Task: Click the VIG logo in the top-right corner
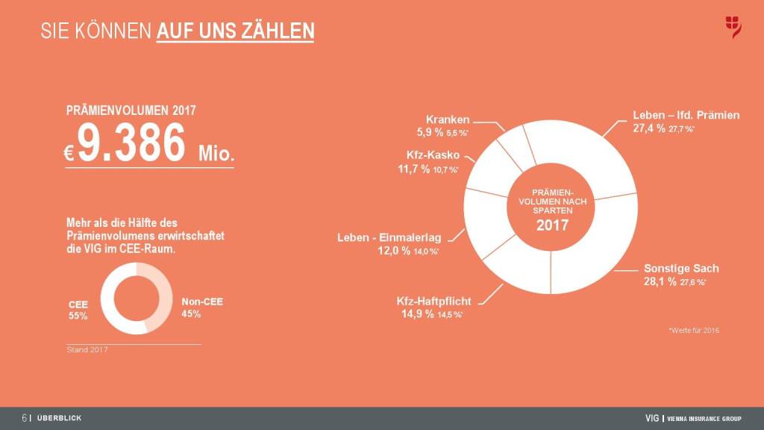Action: [x=733, y=28]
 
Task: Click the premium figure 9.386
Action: [x=131, y=143]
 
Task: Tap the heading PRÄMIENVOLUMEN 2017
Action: [x=131, y=110]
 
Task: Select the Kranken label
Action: [x=448, y=119]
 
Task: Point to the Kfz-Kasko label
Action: [x=433, y=156]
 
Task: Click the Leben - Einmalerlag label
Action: [x=389, y=237]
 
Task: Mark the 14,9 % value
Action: [x=416, y=314]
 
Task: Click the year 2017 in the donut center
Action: [x=552, y=225]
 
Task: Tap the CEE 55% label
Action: [x=78, y=310]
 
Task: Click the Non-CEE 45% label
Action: [x=202, y=308]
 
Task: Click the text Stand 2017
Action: [x=83, y=350]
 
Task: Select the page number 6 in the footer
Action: [x=25, y=418]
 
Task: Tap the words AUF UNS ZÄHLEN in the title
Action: [x=235, y=31]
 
